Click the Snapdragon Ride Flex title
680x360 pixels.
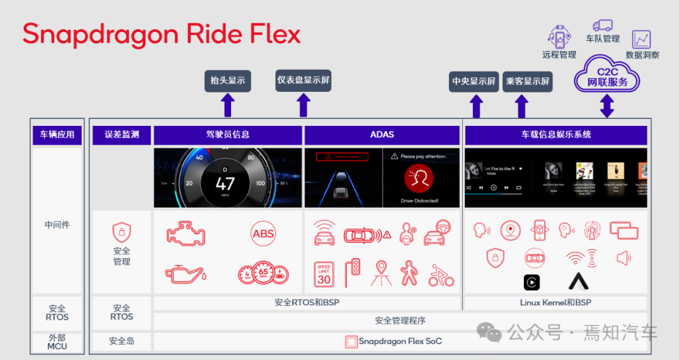coord(162,35)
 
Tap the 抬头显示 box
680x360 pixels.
coord(228,81)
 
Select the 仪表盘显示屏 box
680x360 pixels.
coord(303,81)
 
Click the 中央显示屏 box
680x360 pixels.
coord(474,82)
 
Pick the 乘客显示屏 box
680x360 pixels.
coord(528,82)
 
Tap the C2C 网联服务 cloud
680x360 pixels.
coord(607,76)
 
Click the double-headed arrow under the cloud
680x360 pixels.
coord(607,106)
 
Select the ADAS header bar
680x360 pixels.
coord(382,135)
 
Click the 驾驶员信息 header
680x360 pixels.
coord(228,135)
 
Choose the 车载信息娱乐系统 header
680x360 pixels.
coord(555,135)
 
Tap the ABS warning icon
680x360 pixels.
coord(263,233)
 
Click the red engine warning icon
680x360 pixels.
coord(186,233)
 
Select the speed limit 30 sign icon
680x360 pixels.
coord(324,274)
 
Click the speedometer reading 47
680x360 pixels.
coord(225,184)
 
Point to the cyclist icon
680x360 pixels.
coord(441,275)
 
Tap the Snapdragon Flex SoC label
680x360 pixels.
coord(400,342)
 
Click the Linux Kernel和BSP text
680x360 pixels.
coord(555,303)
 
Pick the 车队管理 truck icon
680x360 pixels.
coord(603,26)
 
